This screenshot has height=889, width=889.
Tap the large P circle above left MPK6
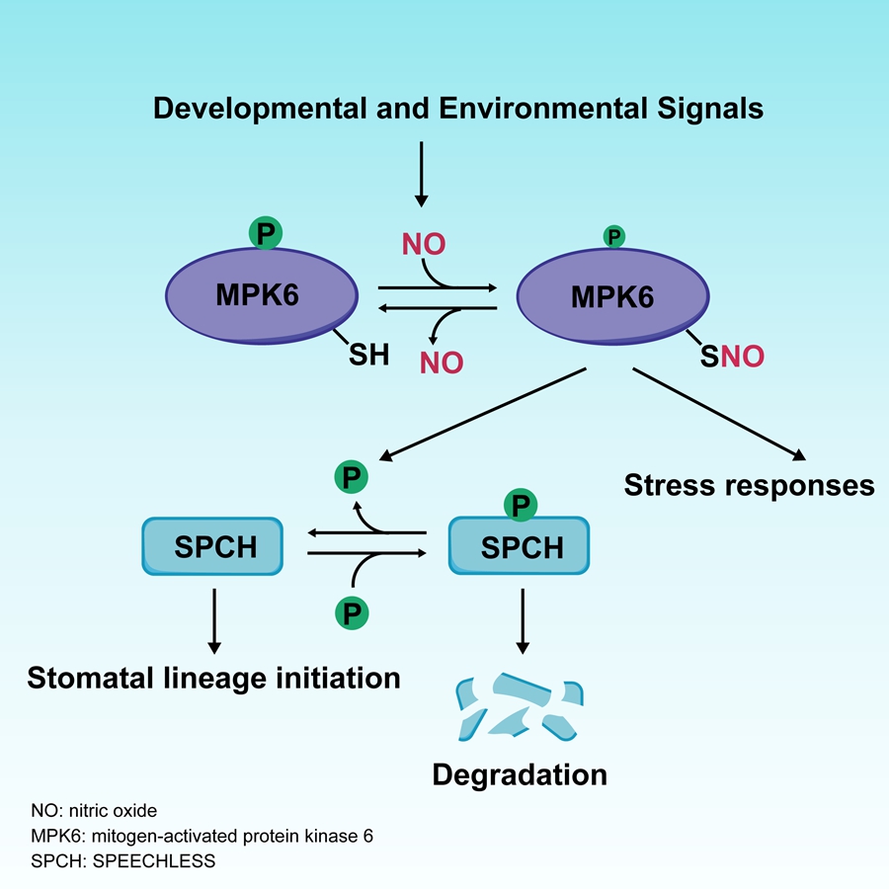264,233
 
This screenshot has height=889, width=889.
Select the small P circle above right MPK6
613,236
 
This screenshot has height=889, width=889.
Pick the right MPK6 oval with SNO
611,296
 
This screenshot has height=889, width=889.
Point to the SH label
369,355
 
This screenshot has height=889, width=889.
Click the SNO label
732,357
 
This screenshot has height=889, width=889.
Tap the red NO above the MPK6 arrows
423,244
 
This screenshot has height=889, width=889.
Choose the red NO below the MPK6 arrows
441,363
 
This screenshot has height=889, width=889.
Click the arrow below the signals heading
422,174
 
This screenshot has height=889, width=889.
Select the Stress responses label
749,486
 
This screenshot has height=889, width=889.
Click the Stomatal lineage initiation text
213,678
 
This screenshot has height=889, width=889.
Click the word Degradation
520,774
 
